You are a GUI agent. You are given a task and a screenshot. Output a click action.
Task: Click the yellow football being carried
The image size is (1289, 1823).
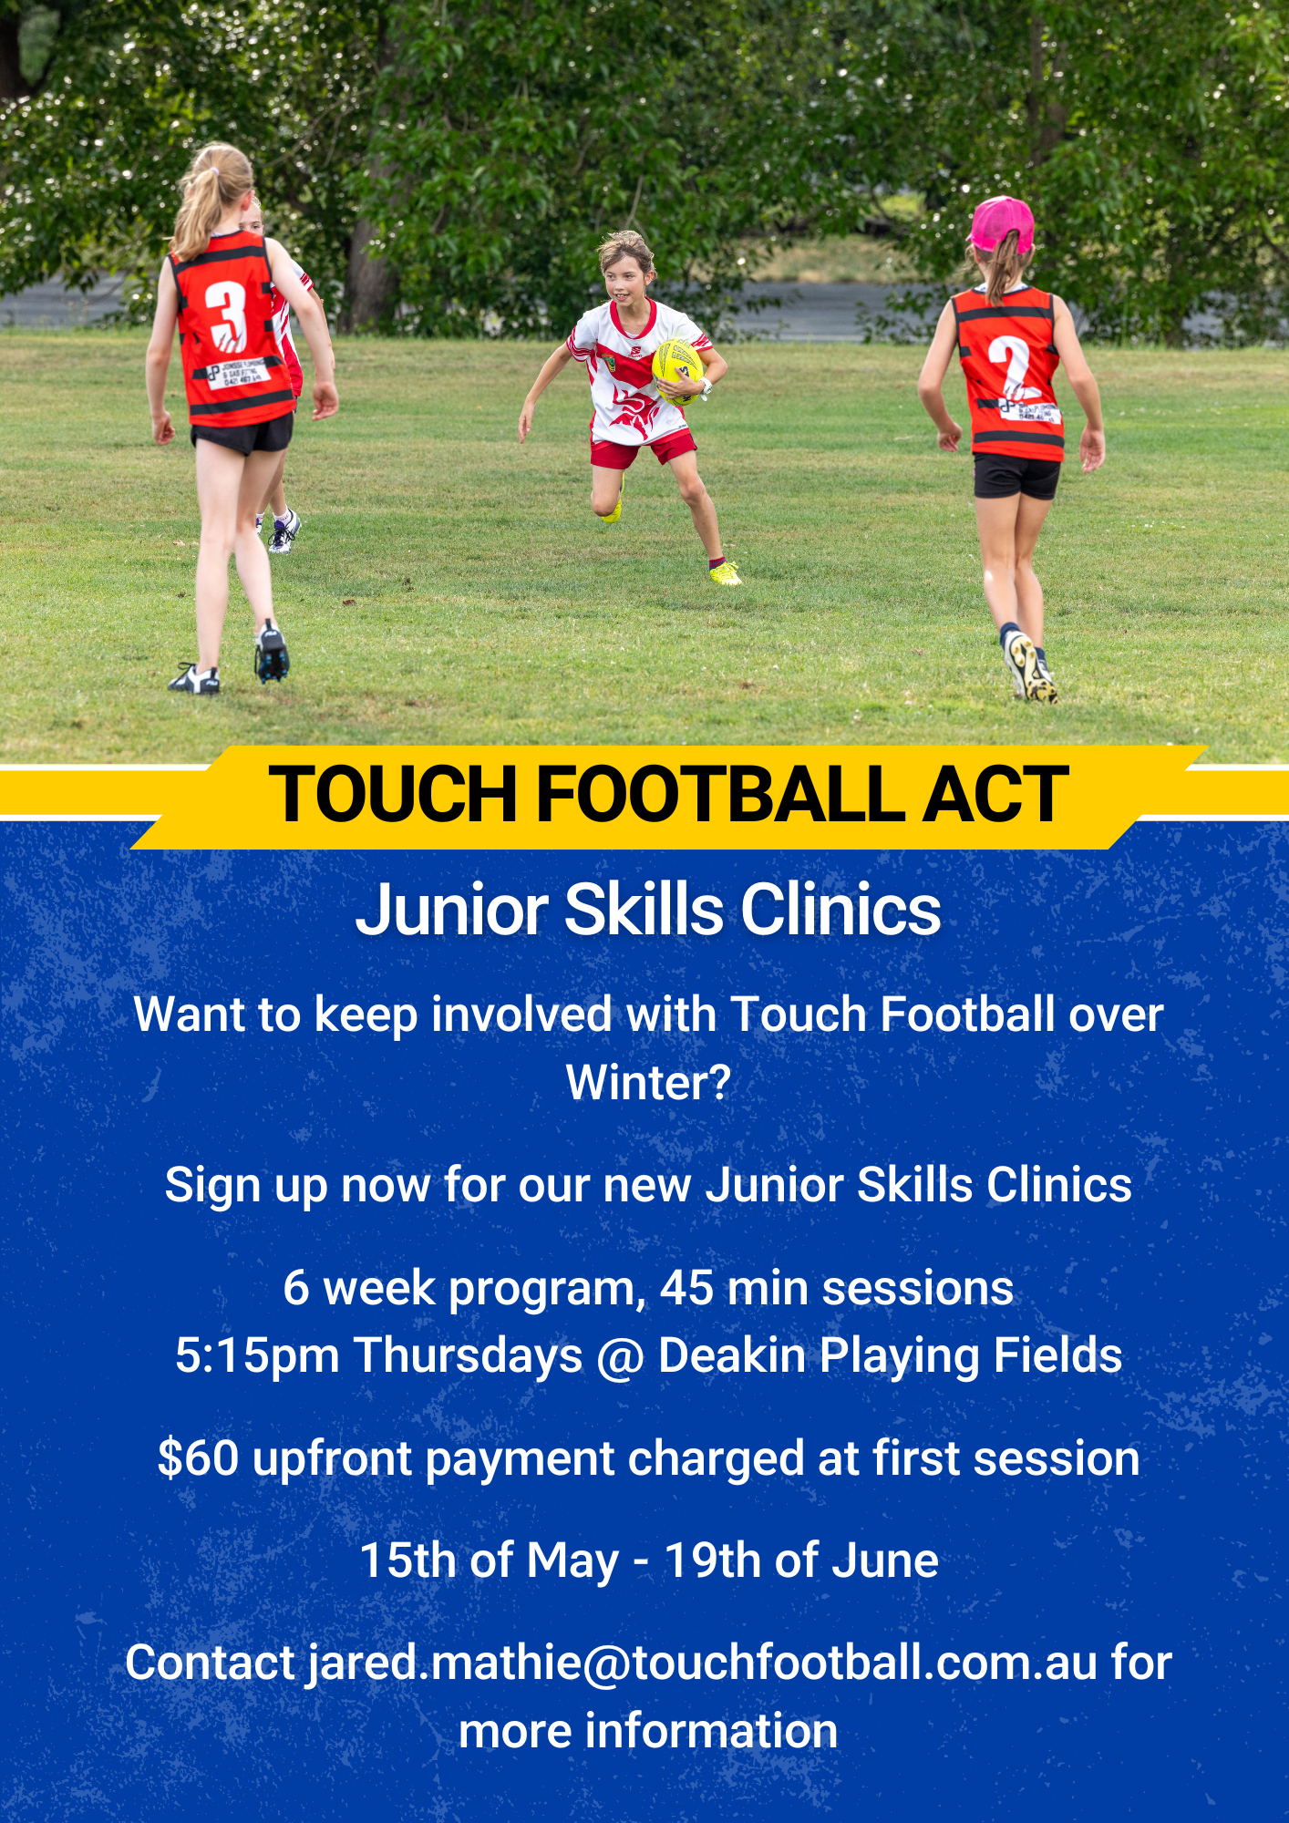point(677,370)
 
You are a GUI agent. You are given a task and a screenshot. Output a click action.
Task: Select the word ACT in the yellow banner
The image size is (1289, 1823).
point(995,794)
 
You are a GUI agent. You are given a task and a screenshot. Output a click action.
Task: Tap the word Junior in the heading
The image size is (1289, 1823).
point(451,910)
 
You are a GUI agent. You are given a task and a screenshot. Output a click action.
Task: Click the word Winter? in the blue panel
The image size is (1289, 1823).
point(648,1083)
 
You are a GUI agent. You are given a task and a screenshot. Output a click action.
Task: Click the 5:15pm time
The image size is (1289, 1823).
point(257,1355)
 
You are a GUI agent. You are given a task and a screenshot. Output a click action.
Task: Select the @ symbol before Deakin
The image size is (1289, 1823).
point(620,1357)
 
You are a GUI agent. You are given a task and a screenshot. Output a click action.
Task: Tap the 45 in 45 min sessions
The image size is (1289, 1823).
point(686,1288)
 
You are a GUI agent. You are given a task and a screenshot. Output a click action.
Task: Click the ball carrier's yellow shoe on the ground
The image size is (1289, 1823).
point(726,573)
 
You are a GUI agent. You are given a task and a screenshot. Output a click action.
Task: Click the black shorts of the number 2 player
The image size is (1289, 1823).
point(1016,476)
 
